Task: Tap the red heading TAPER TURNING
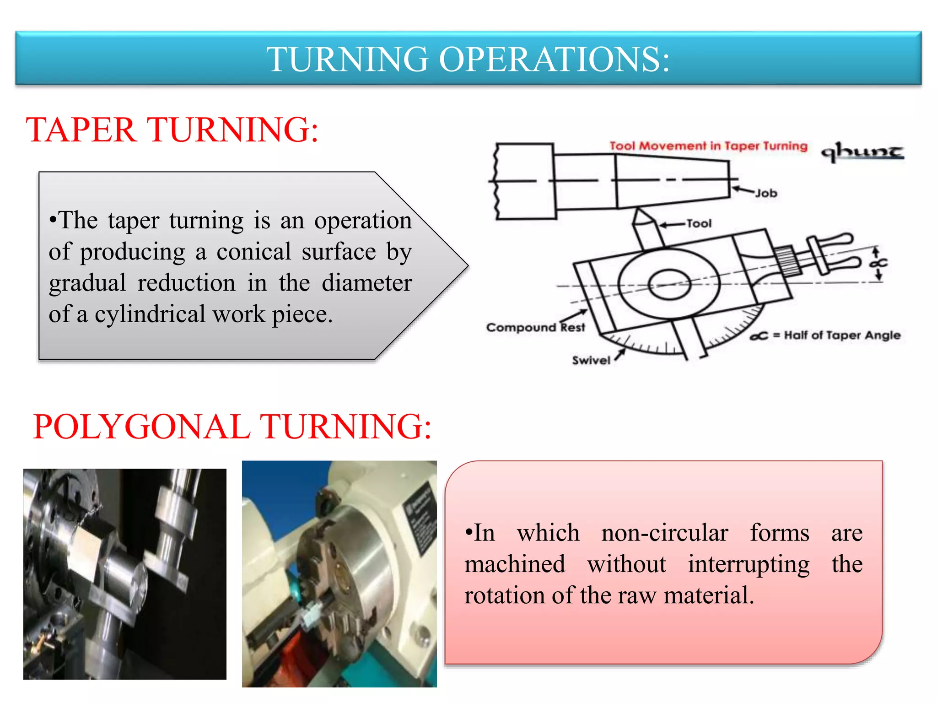(172, 130)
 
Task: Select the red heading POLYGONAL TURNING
(232, 427)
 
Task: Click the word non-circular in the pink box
(664, 533)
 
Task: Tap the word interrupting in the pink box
(749, 564)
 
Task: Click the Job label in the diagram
(766, 194)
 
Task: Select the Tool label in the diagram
(699, 224)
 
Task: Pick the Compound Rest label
(535, 328)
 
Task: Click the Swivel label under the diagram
(591, 361)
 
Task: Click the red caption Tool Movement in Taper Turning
(708, 146)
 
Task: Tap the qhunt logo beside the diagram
(862, 152)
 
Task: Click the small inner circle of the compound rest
(669, 284)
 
